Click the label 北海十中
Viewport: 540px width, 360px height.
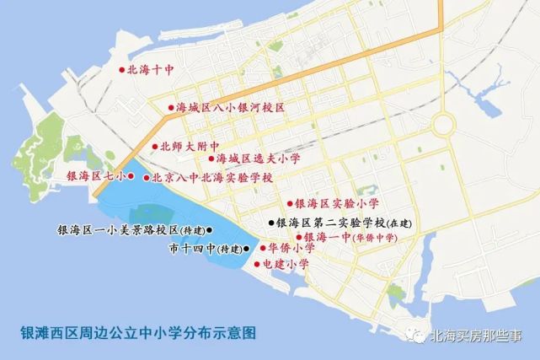click(x=150, y=72)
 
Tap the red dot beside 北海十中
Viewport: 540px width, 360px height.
click(x=122, y=71)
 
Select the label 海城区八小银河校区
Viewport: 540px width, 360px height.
click(x=231, y=109)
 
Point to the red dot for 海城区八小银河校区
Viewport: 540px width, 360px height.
click(x=170, y=109)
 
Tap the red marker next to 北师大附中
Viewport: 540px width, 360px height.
click(x=155, y=147)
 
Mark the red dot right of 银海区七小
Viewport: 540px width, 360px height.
click(x=131, y=176)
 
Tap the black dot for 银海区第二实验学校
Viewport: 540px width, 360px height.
click(x=271, y=223)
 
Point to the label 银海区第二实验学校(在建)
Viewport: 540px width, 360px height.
click(x=342, y=223)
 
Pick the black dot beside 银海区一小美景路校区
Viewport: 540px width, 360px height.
click(x=211, y=229)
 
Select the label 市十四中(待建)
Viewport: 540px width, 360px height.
click(x=205, y=250)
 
